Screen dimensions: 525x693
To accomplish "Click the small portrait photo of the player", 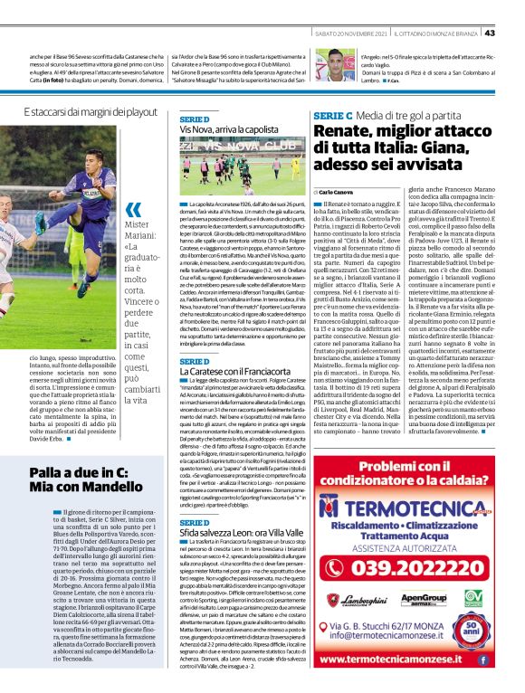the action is tap(340, 64).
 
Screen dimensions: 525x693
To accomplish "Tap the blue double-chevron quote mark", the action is tap(134, 210).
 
